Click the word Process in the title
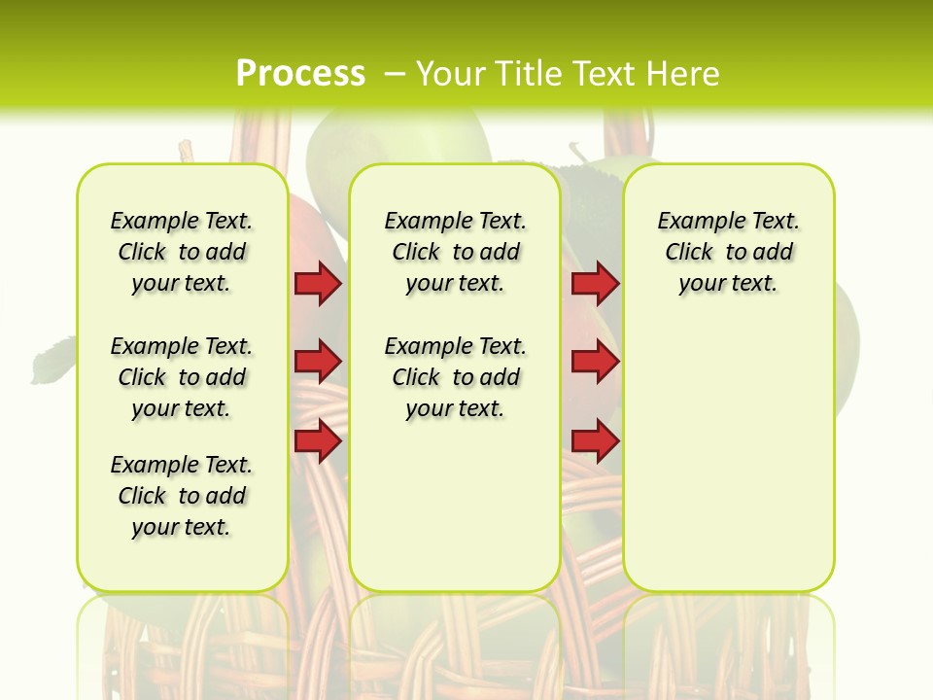[x=300, y=73]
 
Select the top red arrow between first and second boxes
[x=318, y=283]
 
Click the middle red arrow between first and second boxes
[x=318, y=362]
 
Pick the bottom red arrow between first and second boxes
[x=318, y=441]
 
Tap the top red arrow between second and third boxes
[x=595, y=283]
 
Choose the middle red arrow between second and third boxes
[x=595, y=362]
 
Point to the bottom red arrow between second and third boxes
[x=595, y=441]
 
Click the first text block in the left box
[x=182, y=252]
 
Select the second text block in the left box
[x=182, y=377]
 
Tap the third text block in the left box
[x=182, y=496]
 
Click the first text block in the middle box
[x=456, y=252]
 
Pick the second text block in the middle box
[x=456, y=377]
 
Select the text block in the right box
[x=729, y=252]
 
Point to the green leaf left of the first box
[x=52, y=360]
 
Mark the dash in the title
[x=395, y=74]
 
